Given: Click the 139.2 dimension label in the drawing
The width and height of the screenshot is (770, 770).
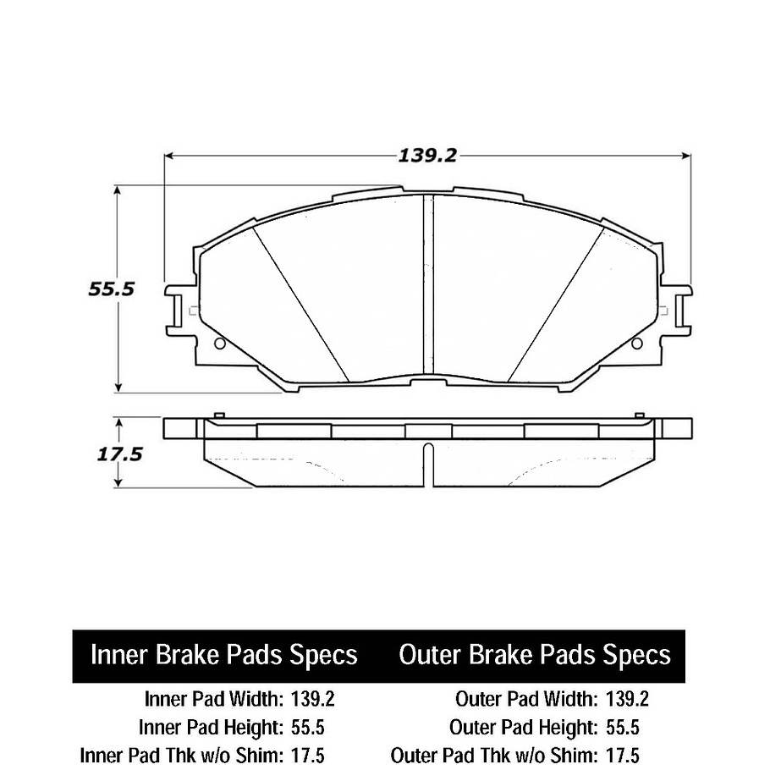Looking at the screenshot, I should click(427, 156).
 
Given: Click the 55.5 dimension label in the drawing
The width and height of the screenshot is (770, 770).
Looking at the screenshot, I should click(112, 289).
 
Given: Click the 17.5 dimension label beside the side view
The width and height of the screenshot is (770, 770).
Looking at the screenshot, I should click(118, 454).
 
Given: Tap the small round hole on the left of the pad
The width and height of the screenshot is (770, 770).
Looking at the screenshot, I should click(220, 344).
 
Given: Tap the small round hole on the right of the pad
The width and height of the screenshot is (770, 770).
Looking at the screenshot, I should click(636, 344).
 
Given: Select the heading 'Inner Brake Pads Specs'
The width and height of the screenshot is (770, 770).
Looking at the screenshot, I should click(224, 655).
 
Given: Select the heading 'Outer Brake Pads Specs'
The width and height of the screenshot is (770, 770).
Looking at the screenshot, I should click(535, 655).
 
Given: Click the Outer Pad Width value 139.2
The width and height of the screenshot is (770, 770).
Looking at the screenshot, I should click(627, 699).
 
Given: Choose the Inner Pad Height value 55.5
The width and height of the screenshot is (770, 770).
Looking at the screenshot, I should click(307, 728).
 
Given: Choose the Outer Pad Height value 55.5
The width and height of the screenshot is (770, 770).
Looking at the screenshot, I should click(622, 728).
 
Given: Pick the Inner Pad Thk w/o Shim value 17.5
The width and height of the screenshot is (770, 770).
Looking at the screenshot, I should click(307, 756).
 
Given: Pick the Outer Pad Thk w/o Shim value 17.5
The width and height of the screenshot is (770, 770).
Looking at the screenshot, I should click(622, 756).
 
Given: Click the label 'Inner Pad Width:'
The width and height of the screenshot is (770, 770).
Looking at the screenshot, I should click(213, 699).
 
